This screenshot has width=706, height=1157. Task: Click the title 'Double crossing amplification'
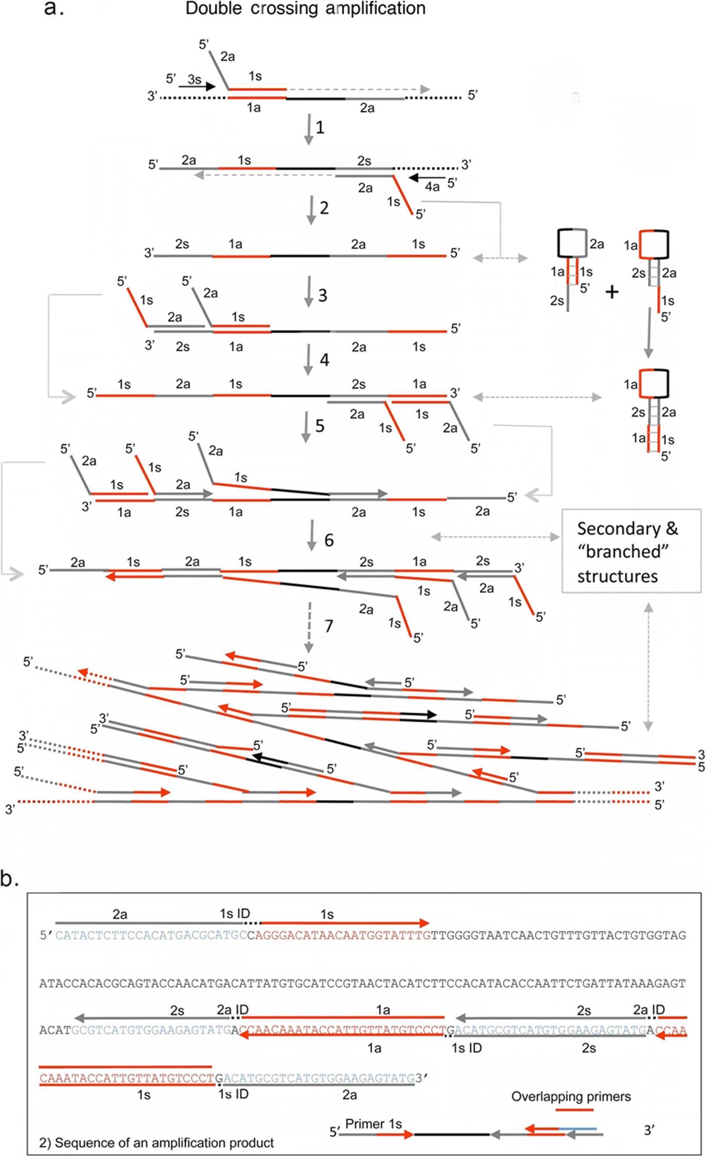pyautogui.click(x=305, y=9)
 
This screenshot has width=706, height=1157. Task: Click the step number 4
pyautogui.click(x=324, y=359)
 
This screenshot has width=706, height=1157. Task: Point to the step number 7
pyautogui.click(x=328, y=626)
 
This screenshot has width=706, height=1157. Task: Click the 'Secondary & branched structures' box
pyautogui.click(x=631, y=551)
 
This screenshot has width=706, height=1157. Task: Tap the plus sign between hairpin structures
pyautogui.click(x=612, y=292)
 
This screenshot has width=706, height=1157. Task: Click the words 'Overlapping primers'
pyautogui.click(x=571, y=1096)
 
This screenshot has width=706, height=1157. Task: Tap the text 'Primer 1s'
pyautogui.click(x=374, y=1124)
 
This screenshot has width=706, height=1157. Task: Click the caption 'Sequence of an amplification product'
pyautogui.click(x=156, y=1143)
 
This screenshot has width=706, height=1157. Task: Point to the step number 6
pyautogui.click(x=328, y=540)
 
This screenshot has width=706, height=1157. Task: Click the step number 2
pyautogui.click(x=324, y=208)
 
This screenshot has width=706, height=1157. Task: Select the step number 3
pyautogui.click(x=322, y=295)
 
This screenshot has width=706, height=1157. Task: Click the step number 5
pyautogui.click(x=319, y=426)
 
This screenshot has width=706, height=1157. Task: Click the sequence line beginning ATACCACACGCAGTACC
pyautogui.click(x=362, y=983)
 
